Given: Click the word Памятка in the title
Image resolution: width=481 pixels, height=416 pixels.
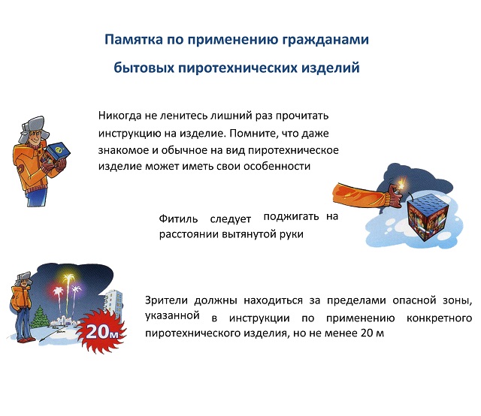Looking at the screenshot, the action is [134, 40].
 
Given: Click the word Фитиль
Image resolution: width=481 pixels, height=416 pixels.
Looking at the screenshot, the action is [178, 219].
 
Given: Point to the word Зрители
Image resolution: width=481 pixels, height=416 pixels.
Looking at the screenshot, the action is [166, 300].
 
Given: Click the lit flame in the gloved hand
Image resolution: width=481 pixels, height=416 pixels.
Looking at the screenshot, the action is [401, 183].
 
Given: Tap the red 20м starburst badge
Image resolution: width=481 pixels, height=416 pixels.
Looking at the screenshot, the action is [101, 331].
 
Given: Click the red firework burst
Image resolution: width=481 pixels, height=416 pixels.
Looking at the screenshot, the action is [57, 293].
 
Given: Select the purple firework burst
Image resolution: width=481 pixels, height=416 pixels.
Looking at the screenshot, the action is [76, 291].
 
